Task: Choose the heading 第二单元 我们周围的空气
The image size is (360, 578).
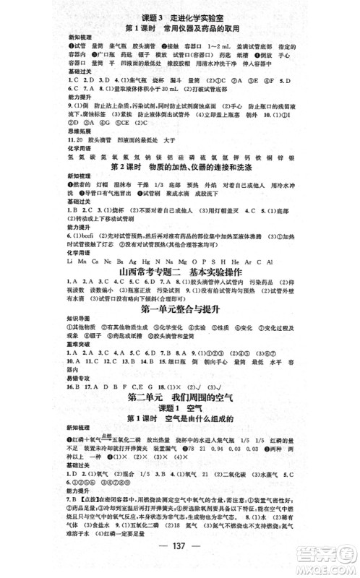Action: pos(180,399)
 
